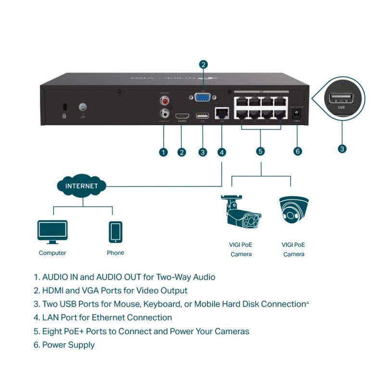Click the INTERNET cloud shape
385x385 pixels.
tap(81, 186)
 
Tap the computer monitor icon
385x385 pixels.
tap(52, 232)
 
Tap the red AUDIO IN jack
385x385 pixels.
tap(165, 102)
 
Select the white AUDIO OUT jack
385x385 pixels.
tap(165, 114)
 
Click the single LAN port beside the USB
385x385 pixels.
tap(221, 114)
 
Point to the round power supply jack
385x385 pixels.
tap(297, 115)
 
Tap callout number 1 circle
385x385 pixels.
tap(164, 152)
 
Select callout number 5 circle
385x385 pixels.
tap(260, 152)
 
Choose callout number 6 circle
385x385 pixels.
tap(297, 152)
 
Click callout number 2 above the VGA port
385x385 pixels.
tap(203, 64)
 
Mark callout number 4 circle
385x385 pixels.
tap(221, 152)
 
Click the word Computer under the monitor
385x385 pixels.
tap(52, 253)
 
